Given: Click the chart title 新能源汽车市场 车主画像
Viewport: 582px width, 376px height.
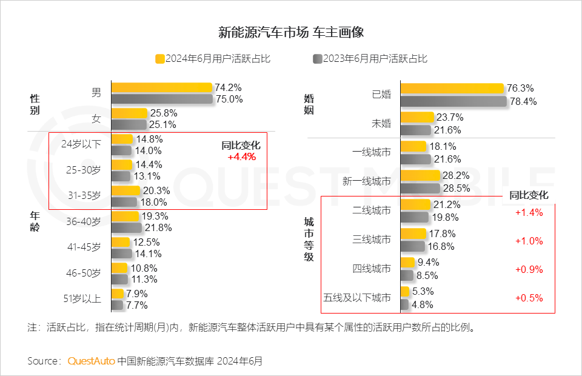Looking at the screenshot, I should [290, 32].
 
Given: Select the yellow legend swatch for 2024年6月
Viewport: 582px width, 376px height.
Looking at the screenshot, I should [160, 59].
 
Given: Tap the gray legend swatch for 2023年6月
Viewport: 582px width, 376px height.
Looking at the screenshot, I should [317, 59].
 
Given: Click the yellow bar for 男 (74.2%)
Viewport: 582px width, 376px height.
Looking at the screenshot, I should [161, 87].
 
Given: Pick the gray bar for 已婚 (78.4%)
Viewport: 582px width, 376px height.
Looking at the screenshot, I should [453, 101].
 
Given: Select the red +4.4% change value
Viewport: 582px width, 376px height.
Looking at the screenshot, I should [241, 156].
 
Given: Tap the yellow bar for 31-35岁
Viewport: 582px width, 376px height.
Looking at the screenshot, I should [125, 190].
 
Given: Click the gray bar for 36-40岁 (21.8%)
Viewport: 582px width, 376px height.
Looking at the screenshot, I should [126, 228].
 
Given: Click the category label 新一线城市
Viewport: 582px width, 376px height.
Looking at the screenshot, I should [367, 181].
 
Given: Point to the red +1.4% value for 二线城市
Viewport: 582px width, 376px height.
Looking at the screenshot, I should [529, 212].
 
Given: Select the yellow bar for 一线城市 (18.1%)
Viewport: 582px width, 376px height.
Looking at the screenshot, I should [413, 146].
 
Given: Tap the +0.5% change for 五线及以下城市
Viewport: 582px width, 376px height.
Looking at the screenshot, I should [529, 298].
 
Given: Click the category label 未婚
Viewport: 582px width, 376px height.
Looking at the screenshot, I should [381, 124].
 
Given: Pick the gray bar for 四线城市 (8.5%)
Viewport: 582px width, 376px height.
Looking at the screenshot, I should [407, 275].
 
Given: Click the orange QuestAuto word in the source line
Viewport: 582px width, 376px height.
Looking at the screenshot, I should [91, 361].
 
